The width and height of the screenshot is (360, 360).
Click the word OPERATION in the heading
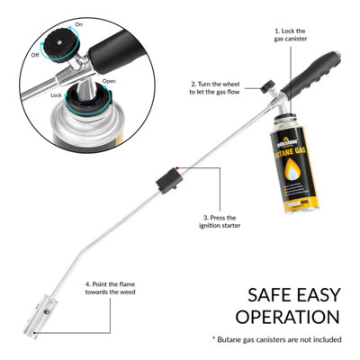(287, 316)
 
